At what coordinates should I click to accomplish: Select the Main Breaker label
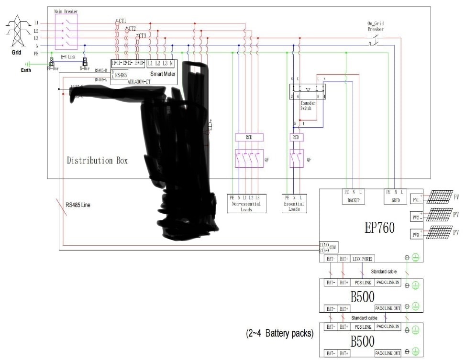tap(66, 11)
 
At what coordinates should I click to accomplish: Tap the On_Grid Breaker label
tap(376, 26)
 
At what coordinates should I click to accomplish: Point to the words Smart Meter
tap(163, 74)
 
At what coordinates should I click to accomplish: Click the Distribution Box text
tap(97, 160)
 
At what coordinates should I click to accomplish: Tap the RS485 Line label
tap(78, 205)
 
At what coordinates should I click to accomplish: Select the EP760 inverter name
tap(378, 228)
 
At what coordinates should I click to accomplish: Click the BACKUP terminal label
tap(351, 200)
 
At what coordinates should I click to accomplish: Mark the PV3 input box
tap(415, 234)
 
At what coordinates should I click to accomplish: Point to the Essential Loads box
tap(294, 203)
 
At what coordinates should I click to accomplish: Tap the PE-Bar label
tap(52, 68)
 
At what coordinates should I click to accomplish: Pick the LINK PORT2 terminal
tap(362, 259)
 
